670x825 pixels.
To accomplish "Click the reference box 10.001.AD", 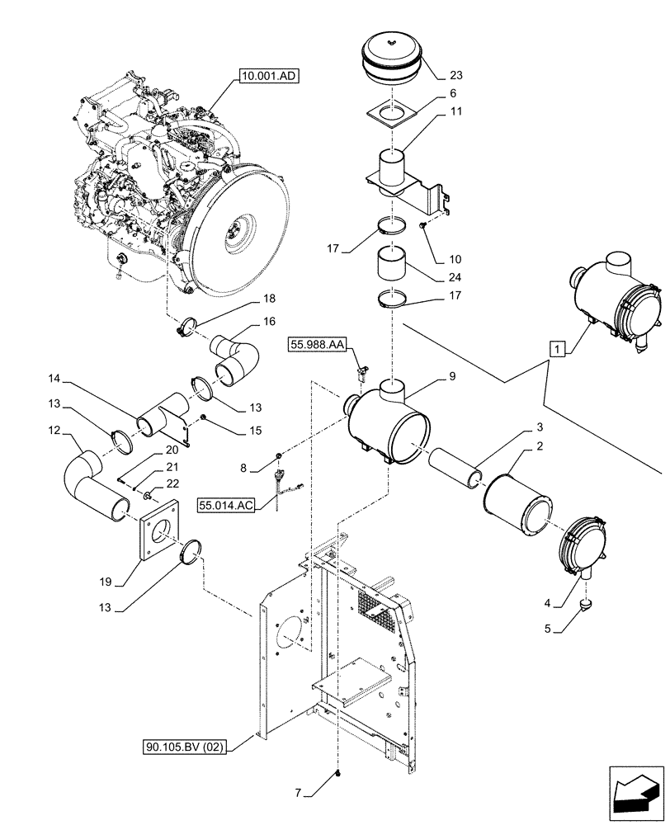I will pyautogui.click(x=271, y=77).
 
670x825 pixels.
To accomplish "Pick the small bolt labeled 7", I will pyautogui.click(x=338, y=774).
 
